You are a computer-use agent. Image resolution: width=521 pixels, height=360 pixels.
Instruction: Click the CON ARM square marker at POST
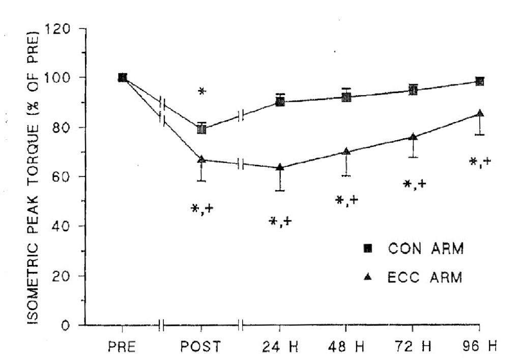tap(201, 129)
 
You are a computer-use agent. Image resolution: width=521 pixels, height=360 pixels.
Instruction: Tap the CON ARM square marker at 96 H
tap(479, 81)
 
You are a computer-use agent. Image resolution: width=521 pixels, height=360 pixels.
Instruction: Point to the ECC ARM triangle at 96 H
tap(479, 113)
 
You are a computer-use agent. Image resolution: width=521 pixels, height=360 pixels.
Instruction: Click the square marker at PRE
tap(122, 77)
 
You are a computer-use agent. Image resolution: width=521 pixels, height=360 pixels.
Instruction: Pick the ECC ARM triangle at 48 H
tap(346, 151)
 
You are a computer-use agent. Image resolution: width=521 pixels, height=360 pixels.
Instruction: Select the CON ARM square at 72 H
tap(413, 91)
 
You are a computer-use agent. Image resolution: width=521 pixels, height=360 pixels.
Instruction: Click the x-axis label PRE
tap(122, 347)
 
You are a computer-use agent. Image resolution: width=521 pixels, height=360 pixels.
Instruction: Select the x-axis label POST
tap(201, 347)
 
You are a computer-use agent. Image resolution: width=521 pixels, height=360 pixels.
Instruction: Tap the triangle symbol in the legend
tap(368, 277)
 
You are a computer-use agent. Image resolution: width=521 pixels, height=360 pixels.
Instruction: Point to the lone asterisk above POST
tap(202, 92)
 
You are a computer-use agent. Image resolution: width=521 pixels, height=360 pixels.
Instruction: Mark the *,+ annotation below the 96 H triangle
tap(480, 162)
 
